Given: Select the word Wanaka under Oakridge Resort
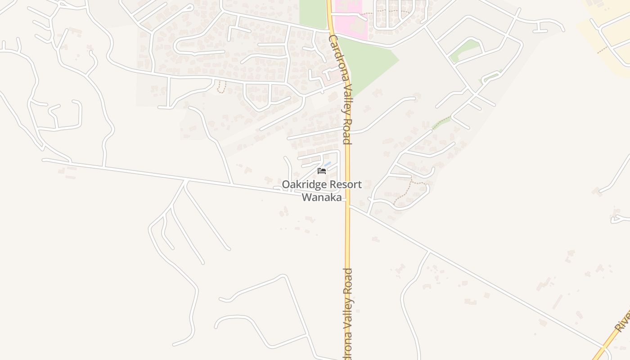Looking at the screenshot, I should coord(321,197).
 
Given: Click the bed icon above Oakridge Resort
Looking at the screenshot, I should coord(321,171).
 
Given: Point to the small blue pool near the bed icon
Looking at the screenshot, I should coord(328,164).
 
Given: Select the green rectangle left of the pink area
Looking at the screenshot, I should coord(313,13).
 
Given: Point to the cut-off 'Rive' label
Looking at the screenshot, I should coord(623,320).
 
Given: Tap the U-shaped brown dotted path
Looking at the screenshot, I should coord(220,88).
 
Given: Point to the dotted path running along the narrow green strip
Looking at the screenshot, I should coord(441,123).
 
